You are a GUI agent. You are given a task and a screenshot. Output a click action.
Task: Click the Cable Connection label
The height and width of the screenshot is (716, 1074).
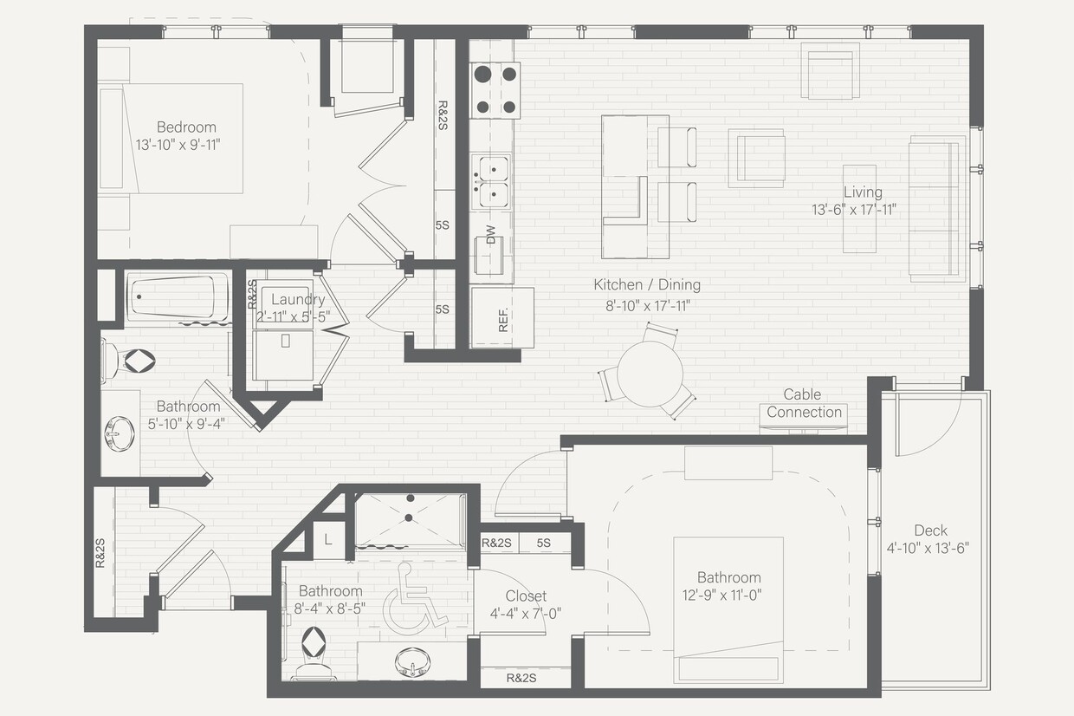point(804,404)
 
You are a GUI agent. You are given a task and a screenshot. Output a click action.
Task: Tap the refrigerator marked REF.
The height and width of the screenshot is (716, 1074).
point(502,317)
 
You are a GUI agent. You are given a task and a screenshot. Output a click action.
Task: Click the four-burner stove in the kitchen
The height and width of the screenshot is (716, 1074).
point(495,90)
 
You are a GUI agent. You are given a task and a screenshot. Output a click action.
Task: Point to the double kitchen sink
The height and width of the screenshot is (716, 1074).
point(490,181)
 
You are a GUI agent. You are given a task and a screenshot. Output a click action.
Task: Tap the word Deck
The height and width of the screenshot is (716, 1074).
point(930,530)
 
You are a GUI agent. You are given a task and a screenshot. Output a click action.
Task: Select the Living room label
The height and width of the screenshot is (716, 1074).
point(863,192)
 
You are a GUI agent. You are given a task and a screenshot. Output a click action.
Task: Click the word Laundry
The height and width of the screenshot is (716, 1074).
point(297,300)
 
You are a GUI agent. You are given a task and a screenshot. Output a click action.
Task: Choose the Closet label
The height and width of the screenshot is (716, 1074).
point(526,596)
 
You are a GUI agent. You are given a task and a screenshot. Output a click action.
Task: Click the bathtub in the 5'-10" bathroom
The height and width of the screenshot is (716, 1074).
point(178,297)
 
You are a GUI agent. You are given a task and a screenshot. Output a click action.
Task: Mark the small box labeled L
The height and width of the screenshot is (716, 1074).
point(328,538)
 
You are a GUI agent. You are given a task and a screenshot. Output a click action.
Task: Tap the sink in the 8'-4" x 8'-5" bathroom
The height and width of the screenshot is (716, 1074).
point(414,663)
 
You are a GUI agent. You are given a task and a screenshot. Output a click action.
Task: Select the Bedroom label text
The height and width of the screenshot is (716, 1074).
point(186,127)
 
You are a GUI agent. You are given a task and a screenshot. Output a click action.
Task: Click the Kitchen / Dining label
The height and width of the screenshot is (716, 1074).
point(646,284)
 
